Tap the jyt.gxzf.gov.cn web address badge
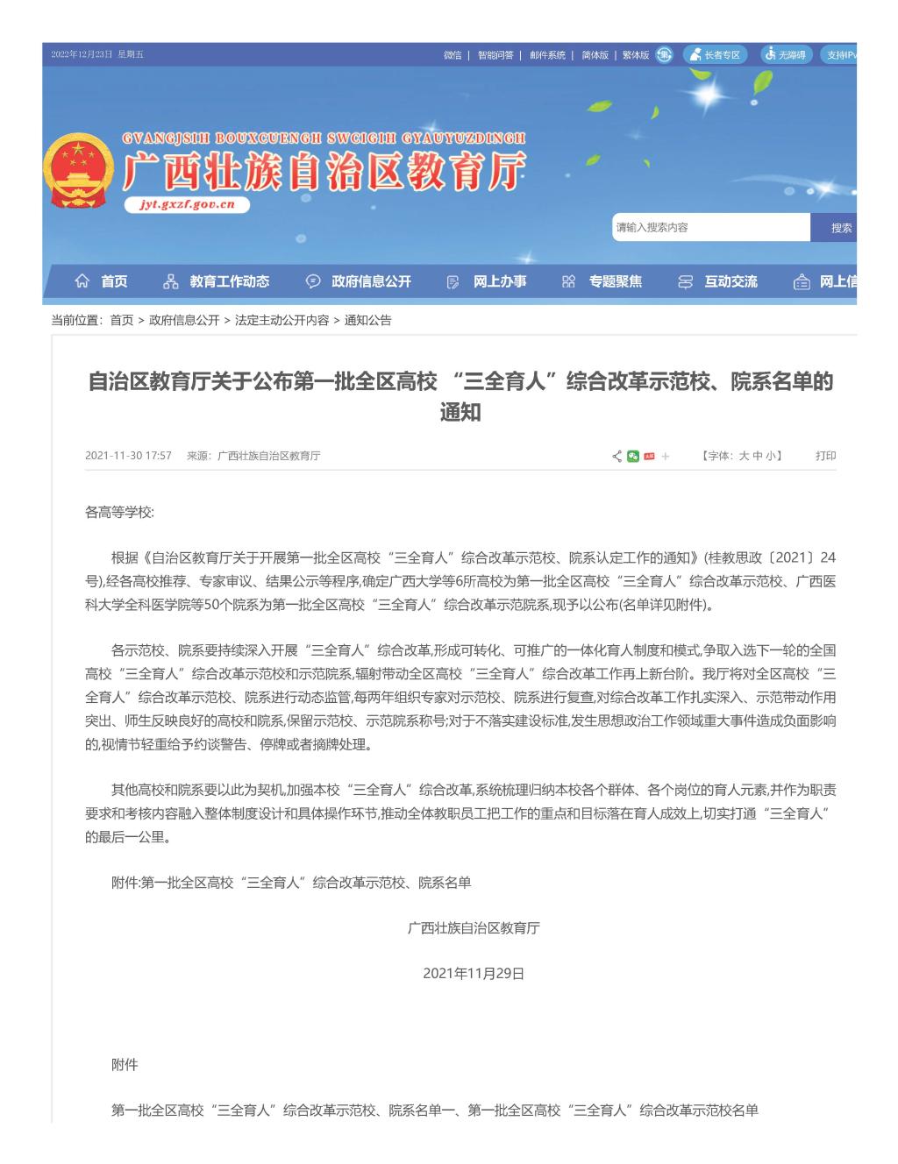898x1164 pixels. pyautogui.click(x=187, y=205)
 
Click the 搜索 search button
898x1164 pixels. pyautogui.click(x=840, y=228)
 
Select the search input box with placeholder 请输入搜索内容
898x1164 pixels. pyautogui.click(x=710, y=228)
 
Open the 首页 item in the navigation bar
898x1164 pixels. pyautogui.click(x=102, y=281)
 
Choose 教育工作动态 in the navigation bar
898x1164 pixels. pyautogui.click(x=217, y=281)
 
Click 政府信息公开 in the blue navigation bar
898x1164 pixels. pyautogui.click(x=359, y=281)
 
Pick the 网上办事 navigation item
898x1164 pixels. pyautogui.click(x=488, y=281)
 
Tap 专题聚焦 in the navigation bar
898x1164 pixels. pyautogui.click(x=603, y=281)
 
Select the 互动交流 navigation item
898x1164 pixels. pyautogui.click(x=718, y=281)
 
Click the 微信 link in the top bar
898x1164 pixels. pyautogui.click(x=453, y=55)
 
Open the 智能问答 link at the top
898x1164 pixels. pyautogui.click(x=495, y=55)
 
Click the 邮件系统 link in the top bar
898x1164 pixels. pyautogui.click(x=547, y=55)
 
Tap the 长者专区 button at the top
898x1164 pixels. pyautogui.click(x=715, y=55)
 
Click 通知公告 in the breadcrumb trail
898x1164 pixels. pyautogui.click(x=367, y=321)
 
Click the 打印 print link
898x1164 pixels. pyautogui.click(x=825, y=456)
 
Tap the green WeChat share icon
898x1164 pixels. pyautogui.click(x=633, y=456)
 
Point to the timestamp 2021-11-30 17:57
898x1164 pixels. pyautogui.click(x=128, y=456)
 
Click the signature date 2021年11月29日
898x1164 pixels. pyautogui.click(x=474, y=974)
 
